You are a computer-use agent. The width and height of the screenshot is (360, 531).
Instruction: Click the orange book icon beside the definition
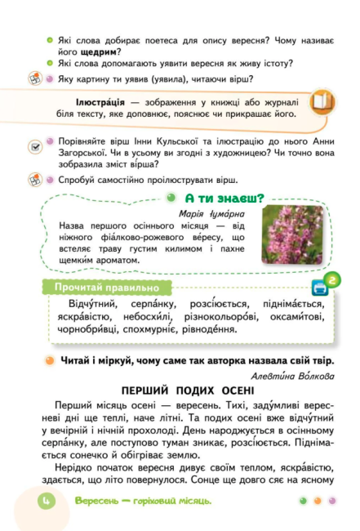(x=322, y=100)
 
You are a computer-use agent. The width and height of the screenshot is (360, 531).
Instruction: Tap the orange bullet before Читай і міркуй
(x=50, y=359)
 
